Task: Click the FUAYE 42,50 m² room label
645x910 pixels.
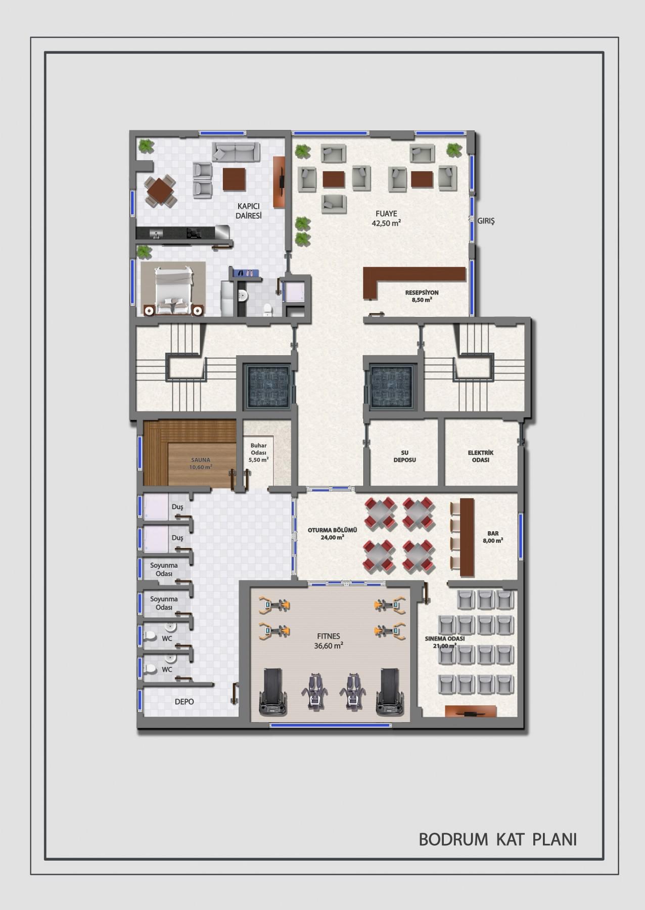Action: coord(386,218)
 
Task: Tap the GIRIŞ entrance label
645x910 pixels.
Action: coord(486,221)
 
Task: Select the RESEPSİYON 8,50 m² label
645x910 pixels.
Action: coord(422,296)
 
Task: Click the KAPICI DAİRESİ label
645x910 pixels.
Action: coord(249,211)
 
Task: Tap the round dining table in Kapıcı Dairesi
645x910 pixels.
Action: coord(161,191)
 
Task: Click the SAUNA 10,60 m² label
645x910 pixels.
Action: coord(201,464)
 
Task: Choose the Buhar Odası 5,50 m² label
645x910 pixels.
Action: coord(258,453)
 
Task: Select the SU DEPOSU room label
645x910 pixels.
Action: coord(404,457)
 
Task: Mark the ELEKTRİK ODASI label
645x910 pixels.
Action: coord(481,457)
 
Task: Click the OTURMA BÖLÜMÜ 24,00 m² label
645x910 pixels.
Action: coord(333,534)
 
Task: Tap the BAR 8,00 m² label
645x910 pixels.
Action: coord(493,537)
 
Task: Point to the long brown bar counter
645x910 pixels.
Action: coord(467,537)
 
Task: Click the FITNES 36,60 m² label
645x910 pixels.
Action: coord(329,641)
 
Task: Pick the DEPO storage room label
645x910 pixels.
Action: coord(184,702)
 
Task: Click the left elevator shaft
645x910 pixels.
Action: coord(268,386)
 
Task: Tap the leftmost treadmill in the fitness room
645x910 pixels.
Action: coord(273,692)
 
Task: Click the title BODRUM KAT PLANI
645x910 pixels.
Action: coord(498,839)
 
